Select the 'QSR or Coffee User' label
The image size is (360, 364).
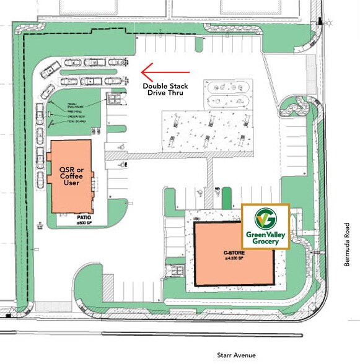(70, 175)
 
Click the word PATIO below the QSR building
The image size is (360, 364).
(84, 217)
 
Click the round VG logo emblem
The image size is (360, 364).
(265, 219)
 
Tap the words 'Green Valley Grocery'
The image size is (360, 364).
(265, 238)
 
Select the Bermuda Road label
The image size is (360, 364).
(348, 244)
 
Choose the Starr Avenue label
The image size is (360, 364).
(237, 355)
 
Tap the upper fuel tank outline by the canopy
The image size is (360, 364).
(227, 88)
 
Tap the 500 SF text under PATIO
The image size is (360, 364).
(84, 223)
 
